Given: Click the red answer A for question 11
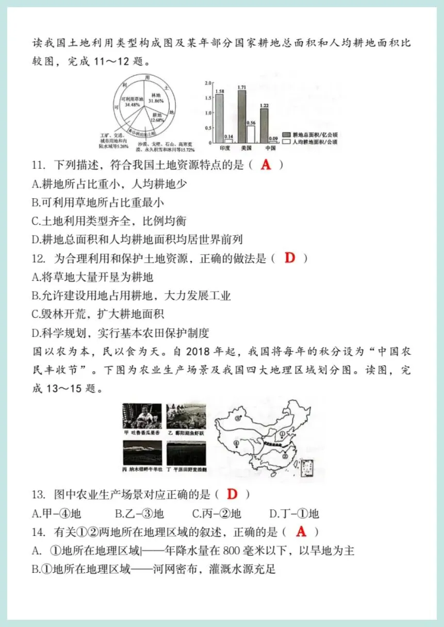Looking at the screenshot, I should click(266, 165).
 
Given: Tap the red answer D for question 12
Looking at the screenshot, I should click(290, 258).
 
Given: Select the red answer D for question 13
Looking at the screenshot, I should click(233, 494).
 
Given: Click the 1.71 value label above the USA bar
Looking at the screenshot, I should click(241, 88).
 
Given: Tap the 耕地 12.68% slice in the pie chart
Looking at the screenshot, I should click(155, 118).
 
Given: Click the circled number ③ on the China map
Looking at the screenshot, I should click(238, 418).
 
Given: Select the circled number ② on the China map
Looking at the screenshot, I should click(284, 455).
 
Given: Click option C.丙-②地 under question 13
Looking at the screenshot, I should click(217, 514).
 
